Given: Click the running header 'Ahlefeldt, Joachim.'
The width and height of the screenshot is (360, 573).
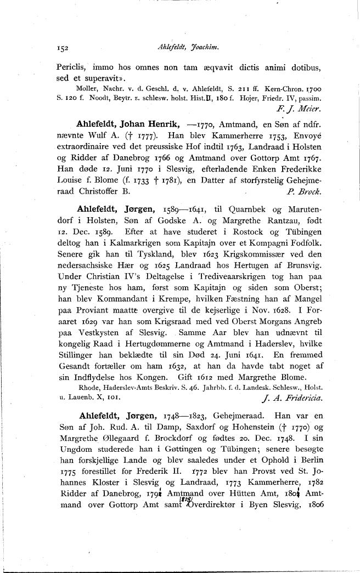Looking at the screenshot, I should pyautogui.click(x=188, y=48).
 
